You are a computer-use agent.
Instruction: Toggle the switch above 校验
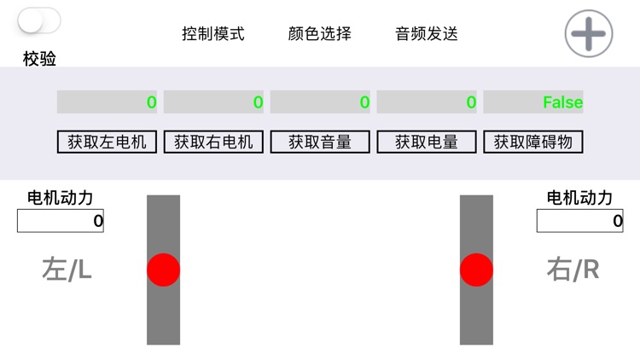click(39, 20)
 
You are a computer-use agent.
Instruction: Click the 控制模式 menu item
click(213, 34)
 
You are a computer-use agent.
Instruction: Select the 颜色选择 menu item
click(320, 34)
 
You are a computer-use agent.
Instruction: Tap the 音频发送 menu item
click(427, 34)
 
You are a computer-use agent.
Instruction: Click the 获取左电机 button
click(107, 142)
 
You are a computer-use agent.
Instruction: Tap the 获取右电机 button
click(213, 142)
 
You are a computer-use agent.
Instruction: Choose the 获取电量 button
click(427, 142)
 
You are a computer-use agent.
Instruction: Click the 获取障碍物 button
click(533, 142)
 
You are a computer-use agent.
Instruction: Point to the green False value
click(563, 102)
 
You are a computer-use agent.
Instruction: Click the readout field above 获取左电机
click(107, 102)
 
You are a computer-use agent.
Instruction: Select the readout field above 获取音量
click(320, 102)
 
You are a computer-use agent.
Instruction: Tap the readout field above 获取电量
click(427, 102)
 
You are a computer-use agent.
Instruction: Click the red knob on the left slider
click(163, 270)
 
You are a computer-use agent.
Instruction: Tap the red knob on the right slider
click(476, 270)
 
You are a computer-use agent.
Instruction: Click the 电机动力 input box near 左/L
click(61, 221)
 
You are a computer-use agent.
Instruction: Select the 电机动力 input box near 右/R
click(580, 221)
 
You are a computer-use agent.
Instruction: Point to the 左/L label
click(67, 270)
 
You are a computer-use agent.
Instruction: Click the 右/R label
click(573, 270)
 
